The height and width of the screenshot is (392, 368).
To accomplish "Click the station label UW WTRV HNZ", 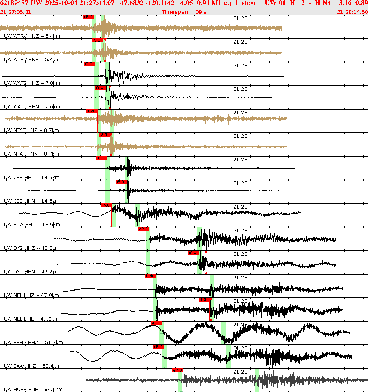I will click(x=32, y=36).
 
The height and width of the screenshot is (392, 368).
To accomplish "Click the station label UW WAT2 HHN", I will click(x=32, y=107).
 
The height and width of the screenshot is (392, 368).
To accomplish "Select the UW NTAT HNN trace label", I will click(x=32, y=154).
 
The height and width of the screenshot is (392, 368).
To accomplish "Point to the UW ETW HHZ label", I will click(x=32, y=225).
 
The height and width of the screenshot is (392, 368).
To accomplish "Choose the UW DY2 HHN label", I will click(x=31, y=272).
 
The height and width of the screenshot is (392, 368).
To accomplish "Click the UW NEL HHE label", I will click(x=31, y=319).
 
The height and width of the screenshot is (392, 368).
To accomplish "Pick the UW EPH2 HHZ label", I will click(x=33, y=343).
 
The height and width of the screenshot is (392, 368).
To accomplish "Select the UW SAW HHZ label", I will click(x=32, y=366).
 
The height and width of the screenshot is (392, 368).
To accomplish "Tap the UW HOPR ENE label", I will click(x=33, y=390).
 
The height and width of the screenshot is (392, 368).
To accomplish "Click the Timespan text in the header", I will click(x=184, y=12).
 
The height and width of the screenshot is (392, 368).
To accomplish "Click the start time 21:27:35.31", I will click(x=16, y=12).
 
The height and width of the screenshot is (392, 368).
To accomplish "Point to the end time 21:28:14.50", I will click(x=352, y=12).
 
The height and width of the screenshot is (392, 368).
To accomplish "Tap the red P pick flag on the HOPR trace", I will click(x=178, y=370).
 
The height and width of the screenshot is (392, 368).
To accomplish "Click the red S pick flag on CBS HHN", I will click(x=121, y=182).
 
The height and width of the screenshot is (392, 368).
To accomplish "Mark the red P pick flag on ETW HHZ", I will click(x=106, y=205).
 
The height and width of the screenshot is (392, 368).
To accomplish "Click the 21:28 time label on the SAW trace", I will click(x=240, y=348).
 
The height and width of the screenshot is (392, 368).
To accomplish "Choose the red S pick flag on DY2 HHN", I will click(x=193, y=252).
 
